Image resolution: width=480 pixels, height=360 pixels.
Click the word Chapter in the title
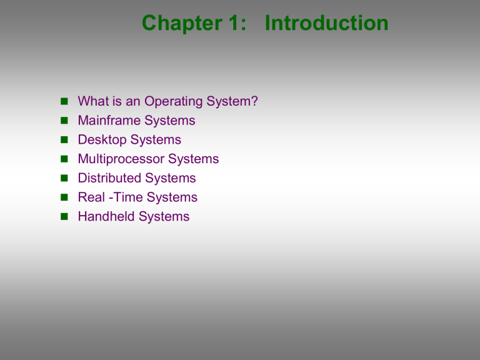(182, 23)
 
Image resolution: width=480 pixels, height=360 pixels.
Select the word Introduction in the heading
(327, 22)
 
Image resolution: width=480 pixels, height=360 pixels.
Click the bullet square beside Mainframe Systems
(64, 120)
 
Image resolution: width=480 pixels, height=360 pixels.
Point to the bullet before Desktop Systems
(64, 139)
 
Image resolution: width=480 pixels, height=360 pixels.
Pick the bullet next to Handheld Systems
(64, 216)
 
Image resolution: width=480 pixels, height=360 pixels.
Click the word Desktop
(102, 140)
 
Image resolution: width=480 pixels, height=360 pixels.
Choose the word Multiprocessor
(121, 159)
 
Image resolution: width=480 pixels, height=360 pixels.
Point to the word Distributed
(109, 178)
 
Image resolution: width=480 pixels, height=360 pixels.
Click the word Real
(91, 197)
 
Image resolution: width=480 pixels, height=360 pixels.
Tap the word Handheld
(106, 216)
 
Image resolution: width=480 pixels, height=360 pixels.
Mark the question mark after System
(254, 101)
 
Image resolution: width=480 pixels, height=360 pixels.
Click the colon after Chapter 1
(243, 24)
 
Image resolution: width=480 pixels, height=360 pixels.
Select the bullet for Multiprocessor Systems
(64, 159)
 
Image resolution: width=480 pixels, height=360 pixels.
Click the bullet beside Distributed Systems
(64, 178)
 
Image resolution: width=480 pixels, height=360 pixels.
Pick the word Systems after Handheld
(164, 217)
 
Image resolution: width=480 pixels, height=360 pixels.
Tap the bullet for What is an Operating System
(64, 101)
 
